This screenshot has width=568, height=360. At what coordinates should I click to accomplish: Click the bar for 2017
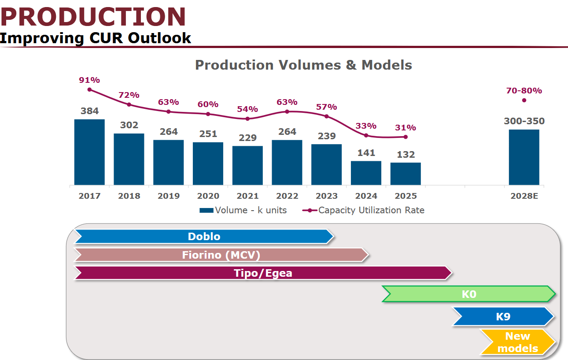(89, 152)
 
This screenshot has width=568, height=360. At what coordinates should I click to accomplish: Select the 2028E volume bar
(524, 157)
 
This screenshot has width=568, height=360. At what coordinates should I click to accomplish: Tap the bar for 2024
(366, 173)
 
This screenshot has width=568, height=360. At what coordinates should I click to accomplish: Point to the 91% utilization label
(89, 80)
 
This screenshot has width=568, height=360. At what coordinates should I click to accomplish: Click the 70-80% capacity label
(524, 91)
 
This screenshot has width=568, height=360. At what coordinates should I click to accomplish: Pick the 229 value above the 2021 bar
(247, 138)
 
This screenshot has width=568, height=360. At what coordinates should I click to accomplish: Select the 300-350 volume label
(524, 121)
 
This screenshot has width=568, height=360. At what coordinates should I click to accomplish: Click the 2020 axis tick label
(208, 196)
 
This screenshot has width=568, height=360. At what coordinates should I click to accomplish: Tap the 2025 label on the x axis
(406, 196)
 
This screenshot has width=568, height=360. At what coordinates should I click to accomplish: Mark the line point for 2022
(287, 111)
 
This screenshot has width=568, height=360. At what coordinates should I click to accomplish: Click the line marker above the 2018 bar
(129, 104)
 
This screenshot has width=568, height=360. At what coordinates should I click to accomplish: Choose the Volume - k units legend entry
(243, 210)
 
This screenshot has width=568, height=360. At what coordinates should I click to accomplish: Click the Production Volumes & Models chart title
(303, 65)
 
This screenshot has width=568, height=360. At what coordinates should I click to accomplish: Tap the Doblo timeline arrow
(204, 237)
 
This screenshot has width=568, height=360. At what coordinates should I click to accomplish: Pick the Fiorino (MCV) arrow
(221, 255)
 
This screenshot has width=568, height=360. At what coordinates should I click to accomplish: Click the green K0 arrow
(469, 294)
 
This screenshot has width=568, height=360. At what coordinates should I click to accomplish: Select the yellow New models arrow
(518, 342)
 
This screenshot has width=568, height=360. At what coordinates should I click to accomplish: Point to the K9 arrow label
(503, 317)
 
